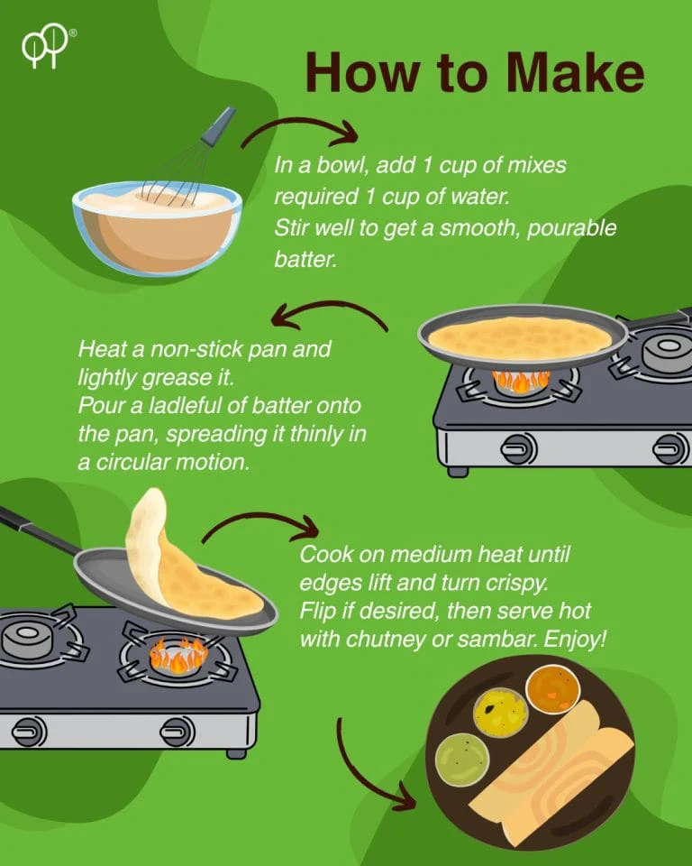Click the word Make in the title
(x=576, y=72)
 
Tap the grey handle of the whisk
(x=219, y=126)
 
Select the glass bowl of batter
(x=158, y=228)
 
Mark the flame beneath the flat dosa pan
(x=521, y=380)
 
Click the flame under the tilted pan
(x=178, y=655)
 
